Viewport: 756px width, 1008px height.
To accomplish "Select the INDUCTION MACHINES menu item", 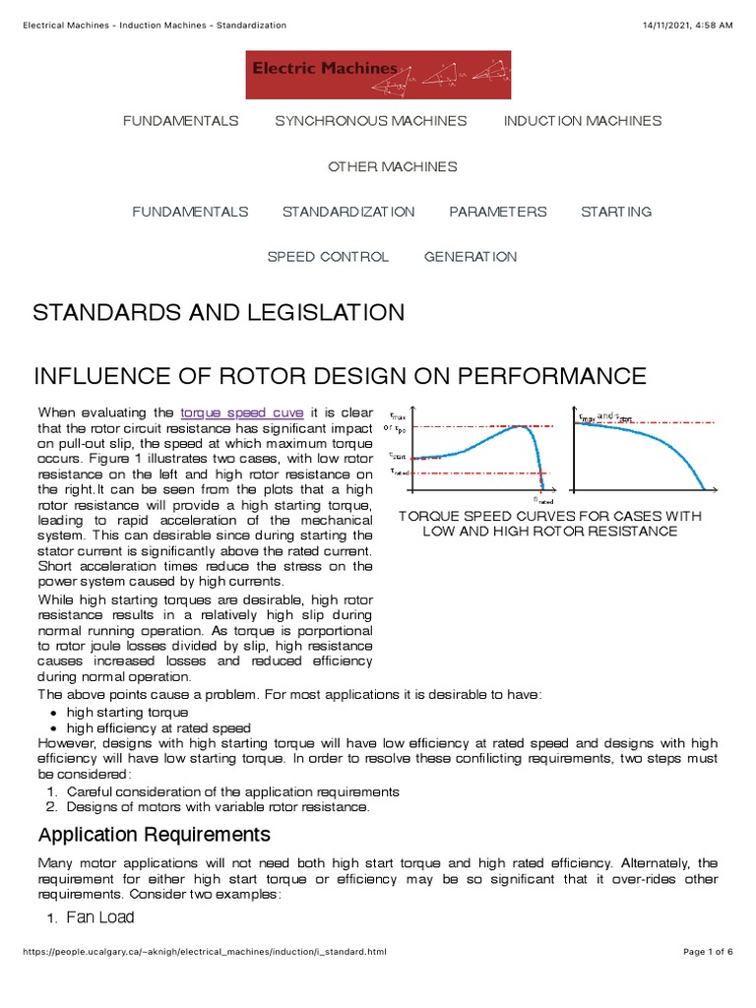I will [583, 121].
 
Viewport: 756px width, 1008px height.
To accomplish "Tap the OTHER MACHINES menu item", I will [392, 166].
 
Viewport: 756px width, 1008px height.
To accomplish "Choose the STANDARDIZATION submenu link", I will [348, 212].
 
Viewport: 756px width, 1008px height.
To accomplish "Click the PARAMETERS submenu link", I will [497, 212].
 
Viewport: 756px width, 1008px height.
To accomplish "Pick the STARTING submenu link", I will [616, 212].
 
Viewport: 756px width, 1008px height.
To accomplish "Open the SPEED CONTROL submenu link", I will [328, 257].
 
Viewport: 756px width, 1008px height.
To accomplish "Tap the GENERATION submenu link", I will [470, 257].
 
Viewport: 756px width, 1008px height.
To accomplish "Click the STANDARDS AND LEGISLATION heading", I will [219, 313].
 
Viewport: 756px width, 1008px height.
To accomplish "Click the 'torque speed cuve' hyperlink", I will [242, 412].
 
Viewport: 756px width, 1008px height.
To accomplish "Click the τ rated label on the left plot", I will [399, 472].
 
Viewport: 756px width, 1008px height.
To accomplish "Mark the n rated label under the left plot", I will [543, 499].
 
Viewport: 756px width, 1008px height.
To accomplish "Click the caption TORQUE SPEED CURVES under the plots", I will [549, 524].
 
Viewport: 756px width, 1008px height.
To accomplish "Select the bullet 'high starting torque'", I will [127, 712].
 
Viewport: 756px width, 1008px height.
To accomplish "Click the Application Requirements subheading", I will [154, 836].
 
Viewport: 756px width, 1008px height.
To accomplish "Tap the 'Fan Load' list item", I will [100, 917].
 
